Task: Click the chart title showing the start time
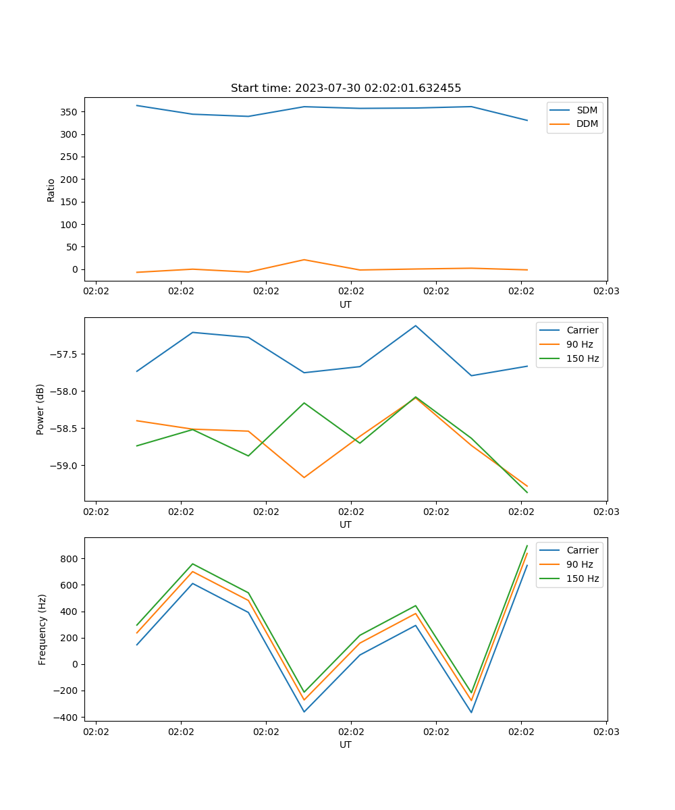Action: point(346,88)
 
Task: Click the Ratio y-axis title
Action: point(51,190)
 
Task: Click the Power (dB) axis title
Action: point(40,409)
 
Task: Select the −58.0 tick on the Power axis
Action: point(64,391)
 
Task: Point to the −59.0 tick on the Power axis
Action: point(64,466)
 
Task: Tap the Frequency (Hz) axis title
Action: point(43,629)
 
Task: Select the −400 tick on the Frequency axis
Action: point(66,718)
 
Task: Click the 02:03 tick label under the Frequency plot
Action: point(605,732)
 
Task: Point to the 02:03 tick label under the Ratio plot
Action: point(605,292)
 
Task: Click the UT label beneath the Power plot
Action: point(346,524)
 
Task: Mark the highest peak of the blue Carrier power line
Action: point(416,325)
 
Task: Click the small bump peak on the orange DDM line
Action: point(304,260)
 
